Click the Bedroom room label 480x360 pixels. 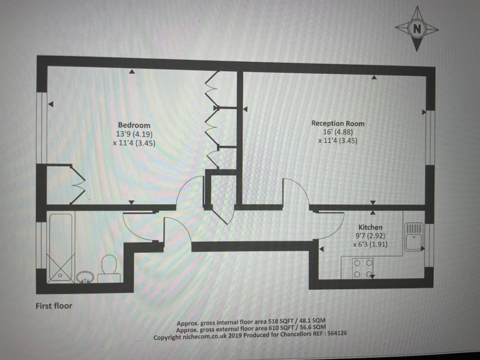[x=134, y=125]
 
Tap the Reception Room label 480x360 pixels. [x=338, y=124]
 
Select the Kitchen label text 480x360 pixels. [x=370, y=227]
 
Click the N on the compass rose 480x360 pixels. [x=417, y=29]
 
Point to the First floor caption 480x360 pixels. [x=54, y=306]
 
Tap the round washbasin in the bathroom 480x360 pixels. [x=84, y=278]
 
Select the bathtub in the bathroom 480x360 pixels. [x=61, y=247]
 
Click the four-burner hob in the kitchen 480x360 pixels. [x=363, y=268]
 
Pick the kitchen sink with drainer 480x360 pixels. [x=414, y=236]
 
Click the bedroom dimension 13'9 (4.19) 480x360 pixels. [x=134, y=134]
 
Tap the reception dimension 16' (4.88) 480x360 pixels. [x=338, y=132]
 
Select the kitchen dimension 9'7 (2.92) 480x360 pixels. [x=370, y=236]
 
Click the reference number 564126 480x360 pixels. [x=337, y=333]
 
